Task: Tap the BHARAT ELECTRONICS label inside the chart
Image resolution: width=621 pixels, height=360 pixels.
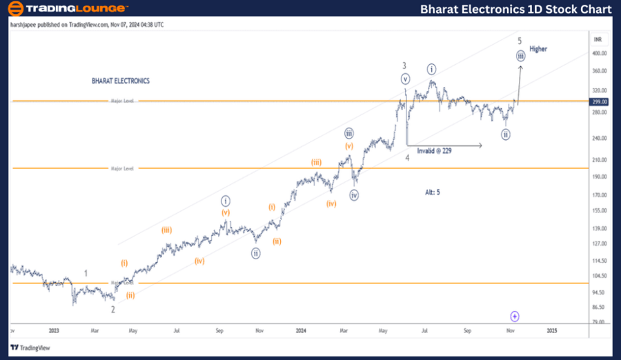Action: coord(121,81)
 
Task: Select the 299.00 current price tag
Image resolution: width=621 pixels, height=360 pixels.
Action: coord(599,101)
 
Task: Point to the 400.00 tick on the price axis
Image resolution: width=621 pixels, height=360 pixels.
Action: coord(599,53)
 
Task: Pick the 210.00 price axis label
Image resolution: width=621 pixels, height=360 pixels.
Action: coord(599,160)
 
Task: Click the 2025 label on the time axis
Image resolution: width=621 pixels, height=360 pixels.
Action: coord(552,331)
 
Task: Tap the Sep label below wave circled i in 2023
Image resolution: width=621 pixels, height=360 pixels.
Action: coord(219,331)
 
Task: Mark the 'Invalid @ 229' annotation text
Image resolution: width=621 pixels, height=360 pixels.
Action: coord(434,151)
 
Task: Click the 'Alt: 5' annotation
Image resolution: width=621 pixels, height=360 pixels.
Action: coord(433,192)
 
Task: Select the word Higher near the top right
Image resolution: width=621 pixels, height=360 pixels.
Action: coord(538,49)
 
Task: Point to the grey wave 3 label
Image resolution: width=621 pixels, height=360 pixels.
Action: coord(405,66)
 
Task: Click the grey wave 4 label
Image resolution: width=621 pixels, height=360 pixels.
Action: coord(407,157)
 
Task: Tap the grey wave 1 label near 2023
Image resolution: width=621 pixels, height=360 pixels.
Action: coord(86,273)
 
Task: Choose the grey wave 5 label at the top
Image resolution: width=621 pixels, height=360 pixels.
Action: coord(520,40)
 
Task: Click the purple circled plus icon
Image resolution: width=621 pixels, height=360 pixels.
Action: coord(515,316)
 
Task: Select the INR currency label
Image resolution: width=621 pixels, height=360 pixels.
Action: coord(598,39)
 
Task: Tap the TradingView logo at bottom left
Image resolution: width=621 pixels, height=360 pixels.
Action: coord(33,348)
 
